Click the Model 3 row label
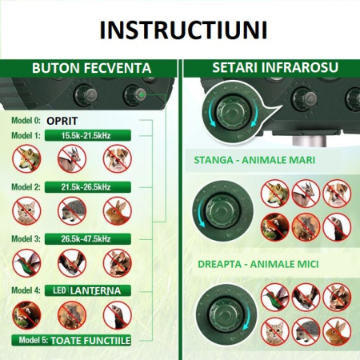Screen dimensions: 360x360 coord(25,238)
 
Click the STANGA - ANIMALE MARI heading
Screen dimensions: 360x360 coord(254,160)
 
